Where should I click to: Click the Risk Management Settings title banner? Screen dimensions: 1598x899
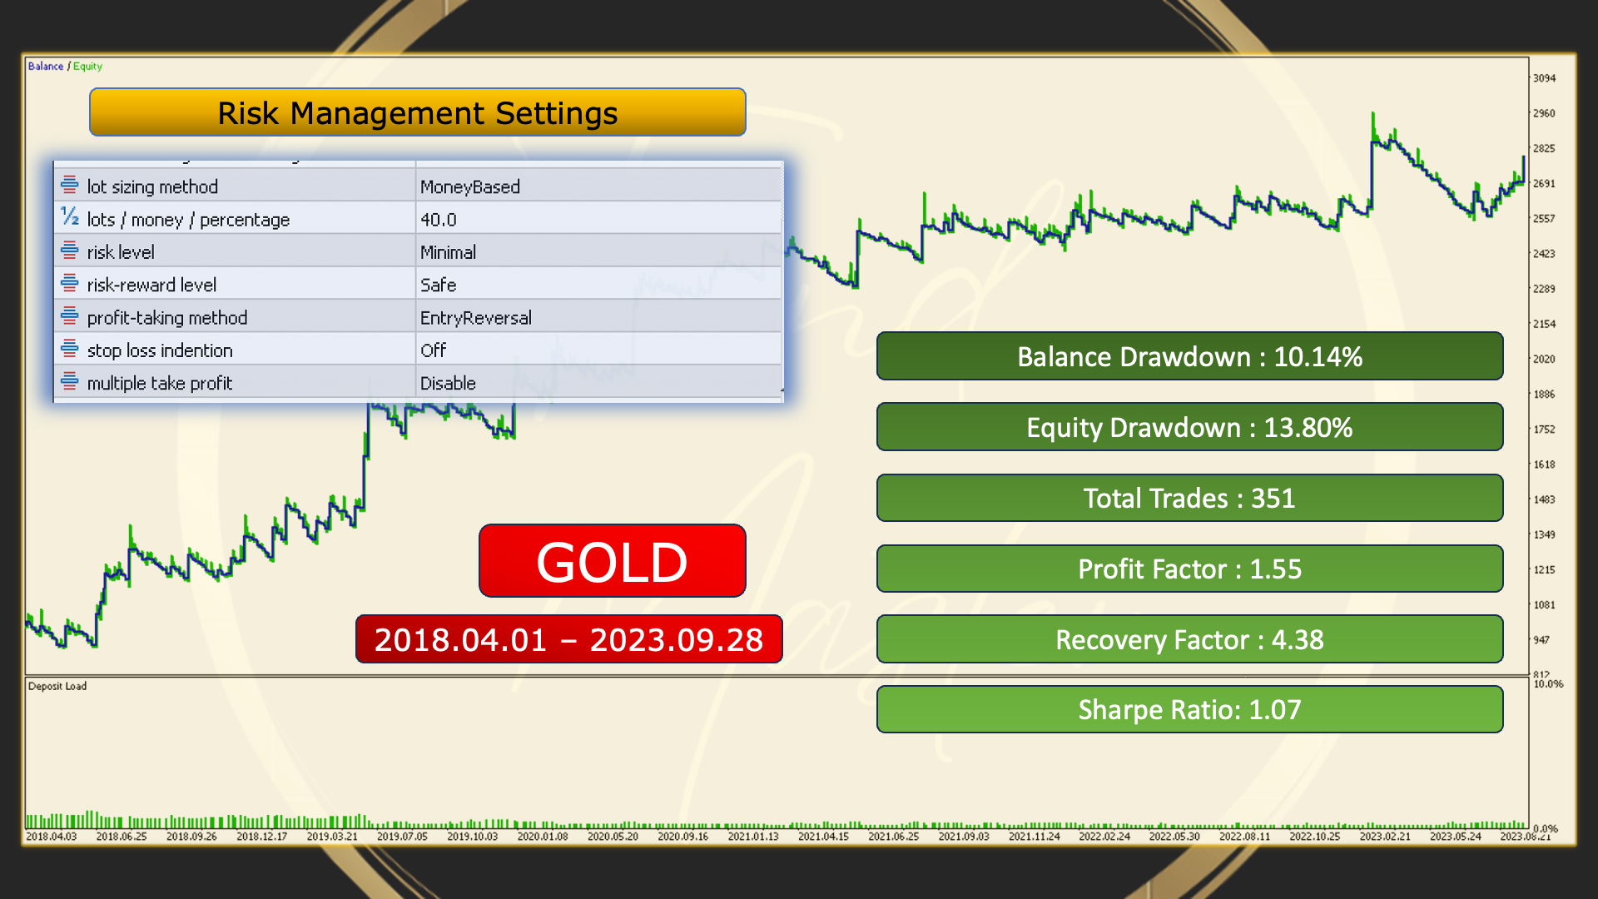pos(417,112)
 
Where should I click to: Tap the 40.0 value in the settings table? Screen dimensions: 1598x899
pos(439,220)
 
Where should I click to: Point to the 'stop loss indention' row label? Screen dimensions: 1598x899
pos(160,350)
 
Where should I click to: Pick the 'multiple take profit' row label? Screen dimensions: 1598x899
pos(160,383)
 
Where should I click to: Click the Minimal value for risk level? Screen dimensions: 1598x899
pos(448,252)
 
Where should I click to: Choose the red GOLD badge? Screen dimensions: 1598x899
pos(612,560)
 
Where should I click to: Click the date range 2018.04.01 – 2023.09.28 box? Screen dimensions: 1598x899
pos(568,639)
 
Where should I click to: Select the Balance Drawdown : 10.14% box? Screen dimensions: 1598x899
pos(1189,356)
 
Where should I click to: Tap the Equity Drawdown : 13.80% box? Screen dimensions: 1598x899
pos(1189,427)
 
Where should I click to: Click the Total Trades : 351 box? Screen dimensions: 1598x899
pos(1189,498)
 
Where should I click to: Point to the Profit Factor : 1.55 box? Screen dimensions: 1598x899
pos(1189,569)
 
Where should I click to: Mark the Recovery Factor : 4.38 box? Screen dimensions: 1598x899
pos(1189,639)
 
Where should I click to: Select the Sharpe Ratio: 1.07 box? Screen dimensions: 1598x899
pos(1189,709)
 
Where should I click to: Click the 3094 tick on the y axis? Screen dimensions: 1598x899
pos(1544,78)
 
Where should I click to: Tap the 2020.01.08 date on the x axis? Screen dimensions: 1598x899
pos(543,837)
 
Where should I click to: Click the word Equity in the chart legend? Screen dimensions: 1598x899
pos(87,67)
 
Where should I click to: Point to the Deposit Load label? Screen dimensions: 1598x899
pos(57,686)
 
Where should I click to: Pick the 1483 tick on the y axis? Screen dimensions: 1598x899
pos(1544,499)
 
